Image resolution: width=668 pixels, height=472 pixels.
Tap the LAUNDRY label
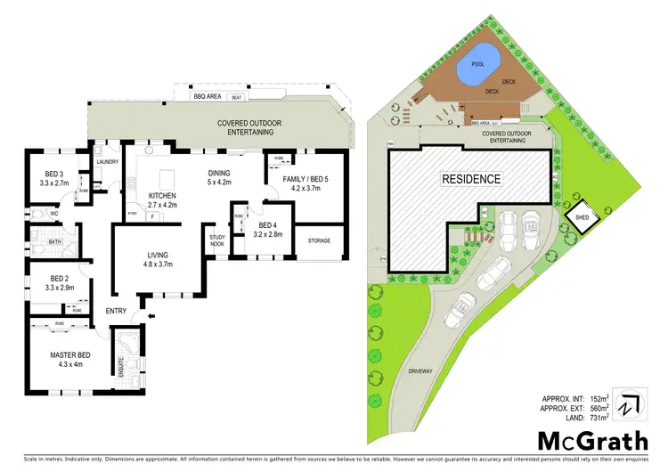(108, 162)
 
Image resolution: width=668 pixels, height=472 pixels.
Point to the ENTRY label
(117, 311)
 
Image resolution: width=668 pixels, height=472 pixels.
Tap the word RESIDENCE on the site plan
(471, 179)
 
